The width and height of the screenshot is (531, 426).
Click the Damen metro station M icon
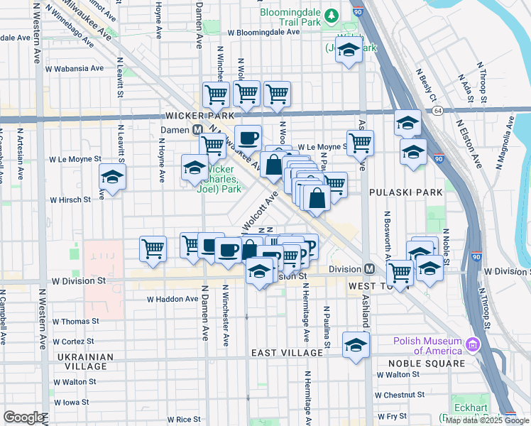198,130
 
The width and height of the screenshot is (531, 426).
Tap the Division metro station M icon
369,269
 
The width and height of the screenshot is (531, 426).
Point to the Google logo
23,417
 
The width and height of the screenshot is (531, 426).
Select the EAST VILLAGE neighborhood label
288,353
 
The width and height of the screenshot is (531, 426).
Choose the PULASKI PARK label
405,192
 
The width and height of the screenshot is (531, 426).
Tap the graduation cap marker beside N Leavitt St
112,177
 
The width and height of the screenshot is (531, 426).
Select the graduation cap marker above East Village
355,345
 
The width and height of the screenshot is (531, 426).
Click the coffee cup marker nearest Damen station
247,138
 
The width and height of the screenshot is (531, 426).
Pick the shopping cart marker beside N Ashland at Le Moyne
361,143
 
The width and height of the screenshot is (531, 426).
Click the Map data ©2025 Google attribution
488,420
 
